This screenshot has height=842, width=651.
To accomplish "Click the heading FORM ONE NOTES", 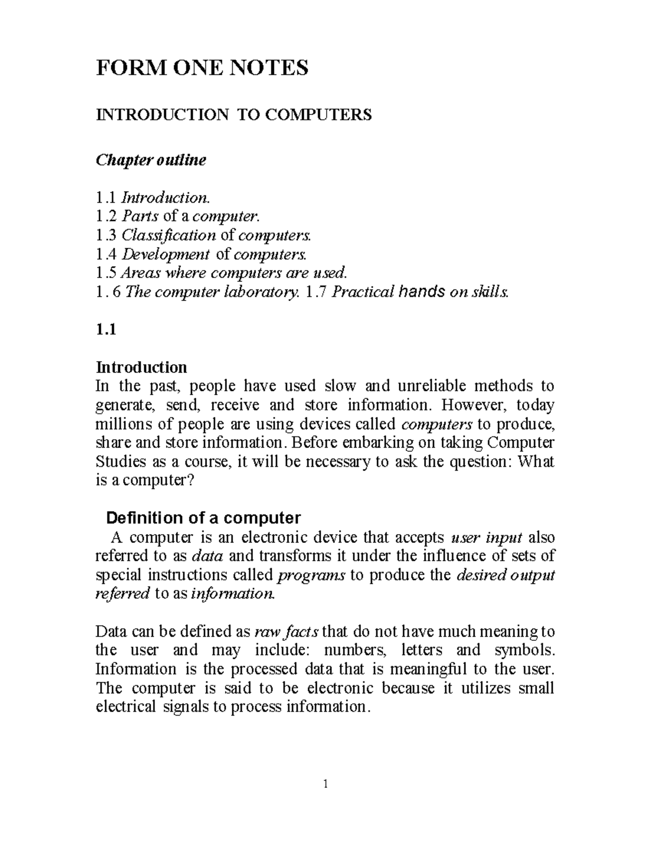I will pyautogui.click(x=202, y=68).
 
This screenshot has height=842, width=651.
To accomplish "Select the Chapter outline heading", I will pyautogui.click(x=151, y=160).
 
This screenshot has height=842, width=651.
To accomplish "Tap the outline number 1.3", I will pyautogui.click(x=106, y=235).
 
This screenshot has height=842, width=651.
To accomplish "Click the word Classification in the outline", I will pyautogui.click(x=168, y=235).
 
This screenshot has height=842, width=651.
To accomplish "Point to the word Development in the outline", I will pyautogui.click(x=165, y=254).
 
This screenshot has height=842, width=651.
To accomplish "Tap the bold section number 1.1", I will pyautogui.click(x=106, y=330).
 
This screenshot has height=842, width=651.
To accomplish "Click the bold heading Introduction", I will pyautogui.click(x=141, y=368).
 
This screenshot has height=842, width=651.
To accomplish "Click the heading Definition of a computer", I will pyautogui.click(x=203, y=518).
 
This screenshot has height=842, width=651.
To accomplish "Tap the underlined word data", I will pyautogui.click(x=208, y=556).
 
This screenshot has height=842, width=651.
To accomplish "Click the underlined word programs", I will pyautogui.click(x=311, y=575).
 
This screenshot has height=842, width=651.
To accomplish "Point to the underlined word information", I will pyautogui.click(x=233, y=594).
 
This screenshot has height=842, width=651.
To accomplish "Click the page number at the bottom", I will pyautogui.click(x=325, y=783).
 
